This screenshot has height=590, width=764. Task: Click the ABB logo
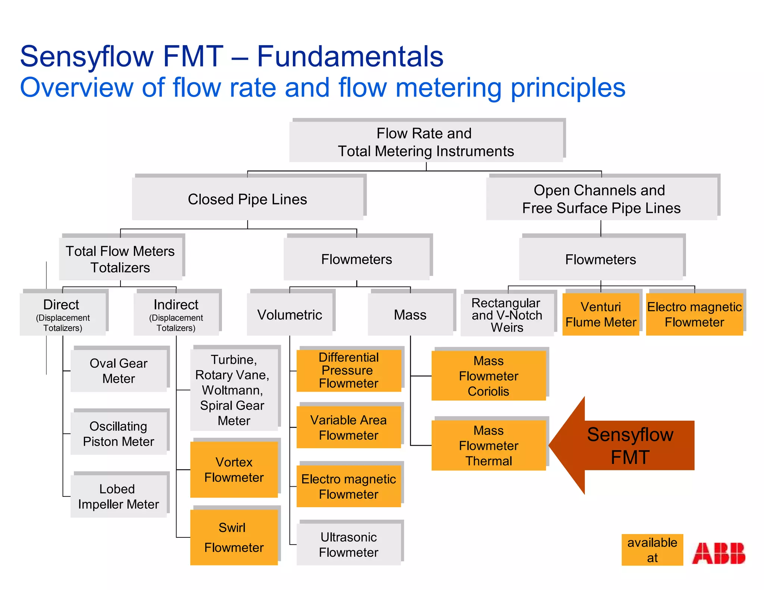(718, 553)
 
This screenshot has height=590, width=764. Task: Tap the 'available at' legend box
(652, 550)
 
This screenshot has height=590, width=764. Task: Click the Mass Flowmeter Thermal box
(488, 445)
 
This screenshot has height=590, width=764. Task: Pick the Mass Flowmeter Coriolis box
(488, 376)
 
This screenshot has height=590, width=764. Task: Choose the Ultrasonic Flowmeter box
(348, 544)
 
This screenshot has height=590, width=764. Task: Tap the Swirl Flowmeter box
(234, 537)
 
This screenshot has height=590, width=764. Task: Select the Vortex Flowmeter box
(234, 470)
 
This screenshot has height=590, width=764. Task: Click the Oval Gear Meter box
(119, 371)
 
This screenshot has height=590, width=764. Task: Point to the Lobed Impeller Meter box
(119, 496)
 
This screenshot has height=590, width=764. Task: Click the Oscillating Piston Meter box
(119, 433)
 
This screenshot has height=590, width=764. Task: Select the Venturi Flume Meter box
(601, 314)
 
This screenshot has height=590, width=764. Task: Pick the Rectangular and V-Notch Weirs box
(507, 315)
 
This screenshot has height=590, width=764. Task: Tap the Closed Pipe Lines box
(247, 199)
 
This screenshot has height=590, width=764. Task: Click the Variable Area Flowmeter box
(348, 427)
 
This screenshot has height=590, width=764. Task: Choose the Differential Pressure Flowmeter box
(348, 370)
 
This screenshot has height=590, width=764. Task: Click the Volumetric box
(289, 314)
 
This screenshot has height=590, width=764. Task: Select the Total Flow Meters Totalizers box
(120, 259)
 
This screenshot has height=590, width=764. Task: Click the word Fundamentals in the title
(350, 56)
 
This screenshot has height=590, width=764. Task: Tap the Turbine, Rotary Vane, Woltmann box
(234, 390)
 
